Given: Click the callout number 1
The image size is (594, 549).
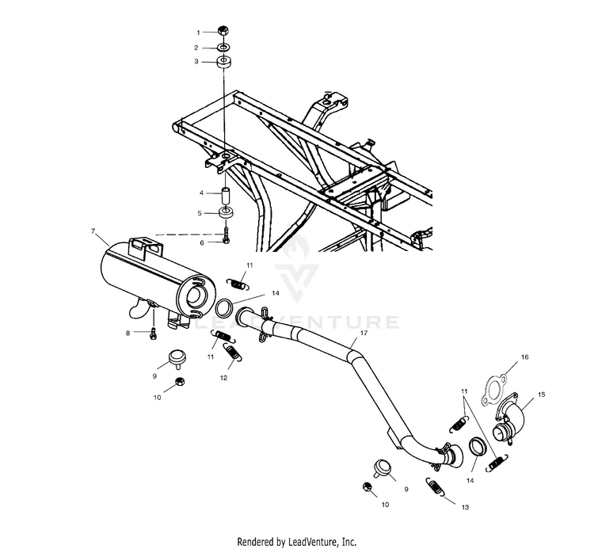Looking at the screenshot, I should tap(200, 32).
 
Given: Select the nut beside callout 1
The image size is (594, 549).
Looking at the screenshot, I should tap(223, 32).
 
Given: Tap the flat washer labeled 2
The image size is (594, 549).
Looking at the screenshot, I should tap(223, 47).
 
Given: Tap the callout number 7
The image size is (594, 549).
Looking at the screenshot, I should tap(94, 232).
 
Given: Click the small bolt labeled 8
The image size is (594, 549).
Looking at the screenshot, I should tap(152, 336).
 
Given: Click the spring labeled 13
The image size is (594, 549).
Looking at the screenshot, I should tap(435, 489).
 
